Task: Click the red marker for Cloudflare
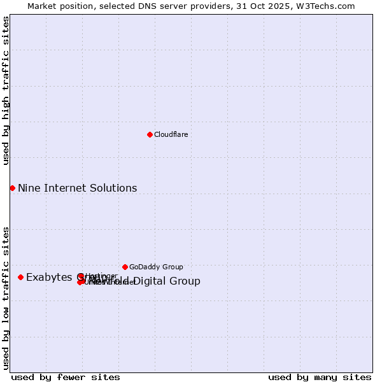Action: click(x=150, y=134)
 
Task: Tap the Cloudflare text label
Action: click(x=171, y=134)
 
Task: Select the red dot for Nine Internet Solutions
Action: click(x=12, y=188)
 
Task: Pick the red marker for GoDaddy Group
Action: click(x=125, y=267)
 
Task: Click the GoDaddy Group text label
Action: click(x=156, y=267)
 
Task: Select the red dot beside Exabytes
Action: click(x=20, y=277)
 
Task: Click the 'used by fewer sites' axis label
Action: click(x=66, y=377)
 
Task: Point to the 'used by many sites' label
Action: click(x=320, y=377)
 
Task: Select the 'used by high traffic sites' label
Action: click(x=6, y=91)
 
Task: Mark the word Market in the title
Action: click(x=42, y=6)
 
